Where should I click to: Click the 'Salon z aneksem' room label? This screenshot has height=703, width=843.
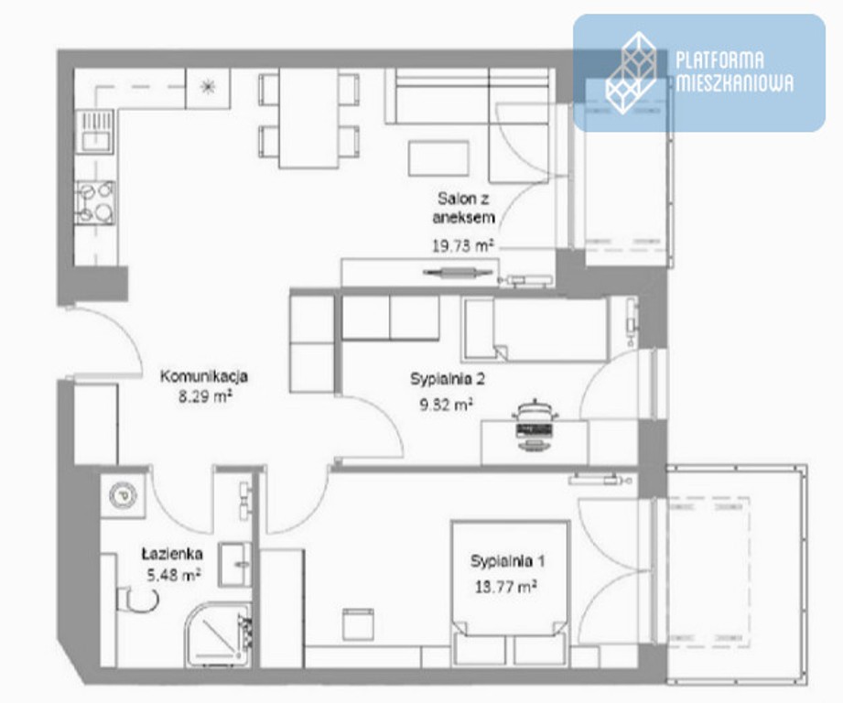463,208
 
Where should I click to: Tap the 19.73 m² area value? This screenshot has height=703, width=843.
463,246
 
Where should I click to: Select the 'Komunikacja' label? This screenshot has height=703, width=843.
204,376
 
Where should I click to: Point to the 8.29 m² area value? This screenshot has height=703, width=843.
205,397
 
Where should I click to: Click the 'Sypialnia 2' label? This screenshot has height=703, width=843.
448,379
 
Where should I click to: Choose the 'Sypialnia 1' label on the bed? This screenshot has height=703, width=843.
507,561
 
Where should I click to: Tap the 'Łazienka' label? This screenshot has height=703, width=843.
172,554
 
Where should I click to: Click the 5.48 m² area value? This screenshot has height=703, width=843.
174,575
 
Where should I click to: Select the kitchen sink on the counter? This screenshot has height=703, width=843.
95,132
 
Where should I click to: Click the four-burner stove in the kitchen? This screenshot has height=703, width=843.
95,202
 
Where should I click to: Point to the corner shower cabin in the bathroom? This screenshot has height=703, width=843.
219,634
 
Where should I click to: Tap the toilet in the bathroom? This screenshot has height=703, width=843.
137,600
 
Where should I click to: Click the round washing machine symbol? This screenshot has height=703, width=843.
124,495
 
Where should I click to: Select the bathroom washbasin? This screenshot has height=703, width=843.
236,565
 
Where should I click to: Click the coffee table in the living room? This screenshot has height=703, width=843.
438,158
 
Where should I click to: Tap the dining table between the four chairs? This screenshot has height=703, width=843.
308,118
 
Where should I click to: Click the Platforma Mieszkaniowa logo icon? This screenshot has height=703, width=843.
632,73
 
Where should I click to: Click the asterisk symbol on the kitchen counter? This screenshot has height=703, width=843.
208,87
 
